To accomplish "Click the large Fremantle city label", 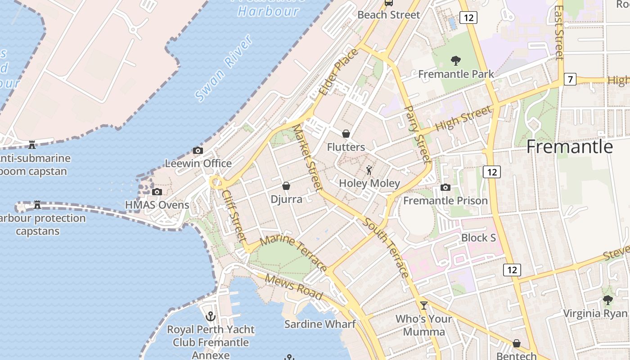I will [569, 147].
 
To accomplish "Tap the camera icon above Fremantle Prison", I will [445, 187].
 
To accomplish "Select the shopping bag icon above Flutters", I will [346, 134].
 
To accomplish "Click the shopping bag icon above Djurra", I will [286, 185].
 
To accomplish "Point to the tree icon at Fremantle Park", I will [456, 60].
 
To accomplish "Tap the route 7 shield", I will [570, 80].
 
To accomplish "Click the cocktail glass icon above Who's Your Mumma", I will [423, 306].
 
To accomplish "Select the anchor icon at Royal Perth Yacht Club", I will [210, 316].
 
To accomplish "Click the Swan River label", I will [224, 68].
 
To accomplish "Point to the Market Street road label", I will [308, 156].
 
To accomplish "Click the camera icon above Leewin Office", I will [198, 150].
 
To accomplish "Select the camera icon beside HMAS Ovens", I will [157, 192].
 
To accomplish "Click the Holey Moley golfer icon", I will [369, 170].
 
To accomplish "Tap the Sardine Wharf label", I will [320, 324].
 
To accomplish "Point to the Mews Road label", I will [293, 287].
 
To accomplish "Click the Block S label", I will [478, 237].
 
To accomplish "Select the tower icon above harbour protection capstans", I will [37, 205].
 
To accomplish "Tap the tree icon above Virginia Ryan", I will [608, 300].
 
